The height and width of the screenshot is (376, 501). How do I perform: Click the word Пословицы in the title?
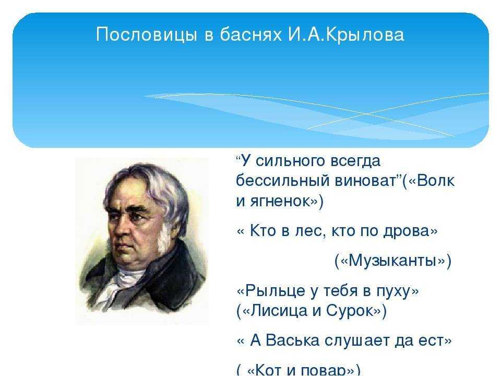(x=146, y=35)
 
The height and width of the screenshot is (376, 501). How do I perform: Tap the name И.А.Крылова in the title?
(x=345, y=34)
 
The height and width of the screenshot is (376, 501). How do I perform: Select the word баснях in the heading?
(x=250, y=34)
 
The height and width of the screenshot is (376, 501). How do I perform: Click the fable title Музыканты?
(x=392, y=261)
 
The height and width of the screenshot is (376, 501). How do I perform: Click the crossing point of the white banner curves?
(x=367, y=114)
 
